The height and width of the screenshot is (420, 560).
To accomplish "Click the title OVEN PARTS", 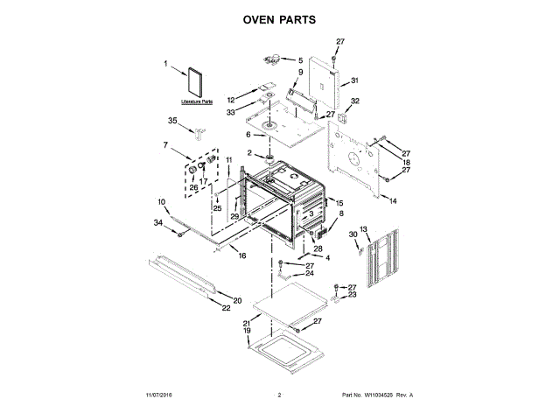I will pos(279,18).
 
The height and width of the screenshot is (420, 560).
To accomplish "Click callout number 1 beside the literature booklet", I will pos(165,63).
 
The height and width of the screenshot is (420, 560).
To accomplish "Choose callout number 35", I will pos(172,120).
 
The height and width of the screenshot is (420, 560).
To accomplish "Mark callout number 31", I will pos(355,80).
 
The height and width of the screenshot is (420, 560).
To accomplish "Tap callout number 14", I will pos(393,201).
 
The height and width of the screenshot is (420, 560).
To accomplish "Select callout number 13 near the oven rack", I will pos(365,228).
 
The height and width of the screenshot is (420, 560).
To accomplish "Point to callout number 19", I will pos(248,331).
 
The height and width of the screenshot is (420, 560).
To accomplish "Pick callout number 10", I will pos(162,202).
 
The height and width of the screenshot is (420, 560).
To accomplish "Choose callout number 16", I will pos(242,255).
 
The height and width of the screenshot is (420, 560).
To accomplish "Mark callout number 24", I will pos(309,274).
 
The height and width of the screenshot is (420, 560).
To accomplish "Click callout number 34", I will pos(158,223).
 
